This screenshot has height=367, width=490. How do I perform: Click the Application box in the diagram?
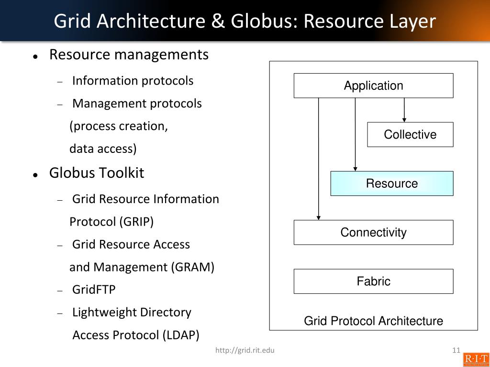pyautogui.click(x=373, y=86)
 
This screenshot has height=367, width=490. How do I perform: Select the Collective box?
pyautogui.click(x=410, y=135)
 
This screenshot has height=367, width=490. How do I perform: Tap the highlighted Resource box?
pyautogui.click(x=391, y=183)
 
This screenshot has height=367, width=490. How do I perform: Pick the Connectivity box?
pyautogui.click(x=373, y=233)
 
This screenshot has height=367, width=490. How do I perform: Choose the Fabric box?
pyautogui.click(x=373, y=281)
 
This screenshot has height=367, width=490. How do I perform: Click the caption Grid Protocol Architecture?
pyautogui.click(x=373, y=321)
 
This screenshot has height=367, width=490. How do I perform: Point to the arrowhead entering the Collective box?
pyautogui.click(x=404, y=119)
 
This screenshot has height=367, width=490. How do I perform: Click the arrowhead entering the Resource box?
pyautogui.click(x=355, y=168)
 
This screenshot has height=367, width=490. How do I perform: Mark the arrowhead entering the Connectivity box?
pyautogui.click(x=319, y=217)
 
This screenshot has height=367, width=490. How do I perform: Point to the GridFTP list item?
pyautogui.click(x=94, y=290)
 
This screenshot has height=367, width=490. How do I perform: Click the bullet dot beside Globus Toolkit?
pyautogui.click(x=35, y=175)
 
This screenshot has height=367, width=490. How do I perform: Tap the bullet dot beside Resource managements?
pyautogui.click(x=35, y=56)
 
